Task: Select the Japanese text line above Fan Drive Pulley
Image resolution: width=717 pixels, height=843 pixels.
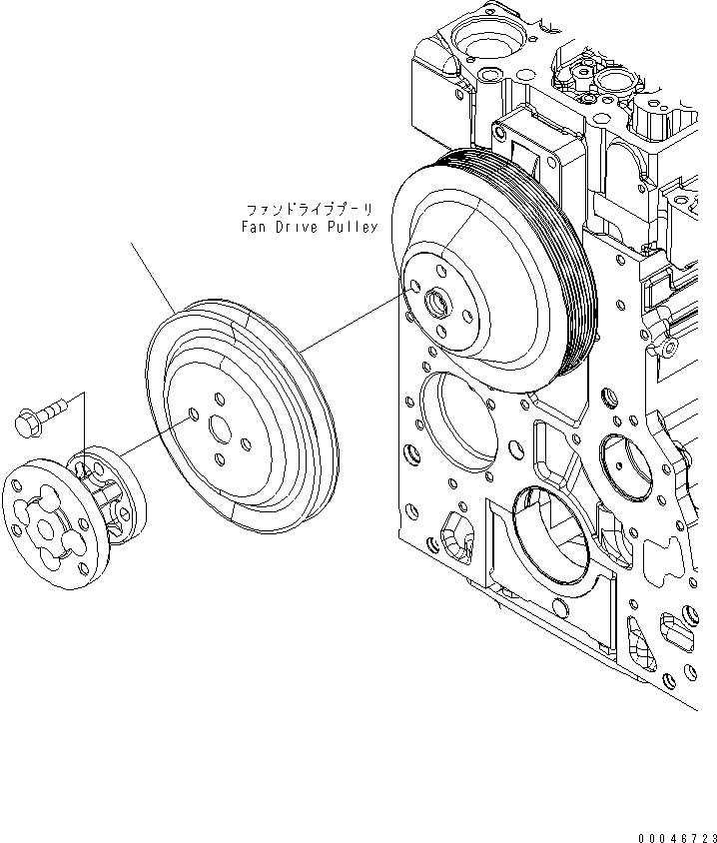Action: (311, 211)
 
